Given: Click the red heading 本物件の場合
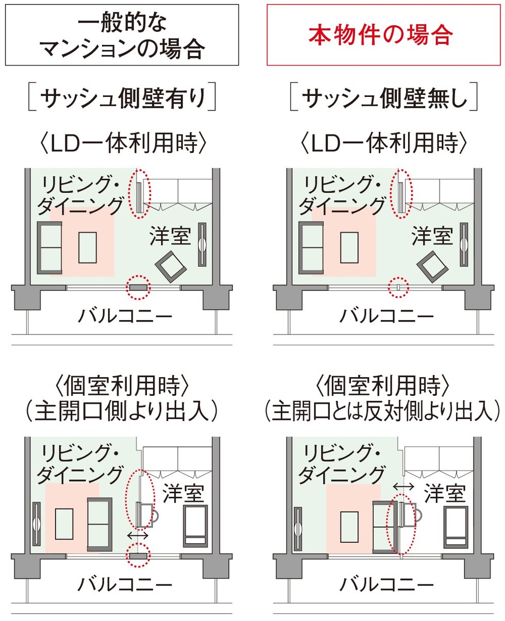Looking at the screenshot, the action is tap(381, 35).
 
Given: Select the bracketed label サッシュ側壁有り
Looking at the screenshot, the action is tap(122, 97).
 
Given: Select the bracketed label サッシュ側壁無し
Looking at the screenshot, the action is tap(384, 97).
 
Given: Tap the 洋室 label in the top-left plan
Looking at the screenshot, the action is tap(170, 236).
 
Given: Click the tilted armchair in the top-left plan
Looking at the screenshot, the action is tap(171, 266).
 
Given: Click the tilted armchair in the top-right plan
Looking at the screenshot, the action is tap(433, 266).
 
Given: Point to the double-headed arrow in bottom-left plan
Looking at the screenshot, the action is tap(138, 535).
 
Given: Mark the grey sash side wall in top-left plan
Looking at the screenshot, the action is tap(138, 288).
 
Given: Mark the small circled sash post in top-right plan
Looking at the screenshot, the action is tap(398, 287).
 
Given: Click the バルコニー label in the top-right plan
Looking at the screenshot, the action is tap(387, 316).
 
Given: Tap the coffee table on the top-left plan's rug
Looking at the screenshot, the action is tap(88, 248).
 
